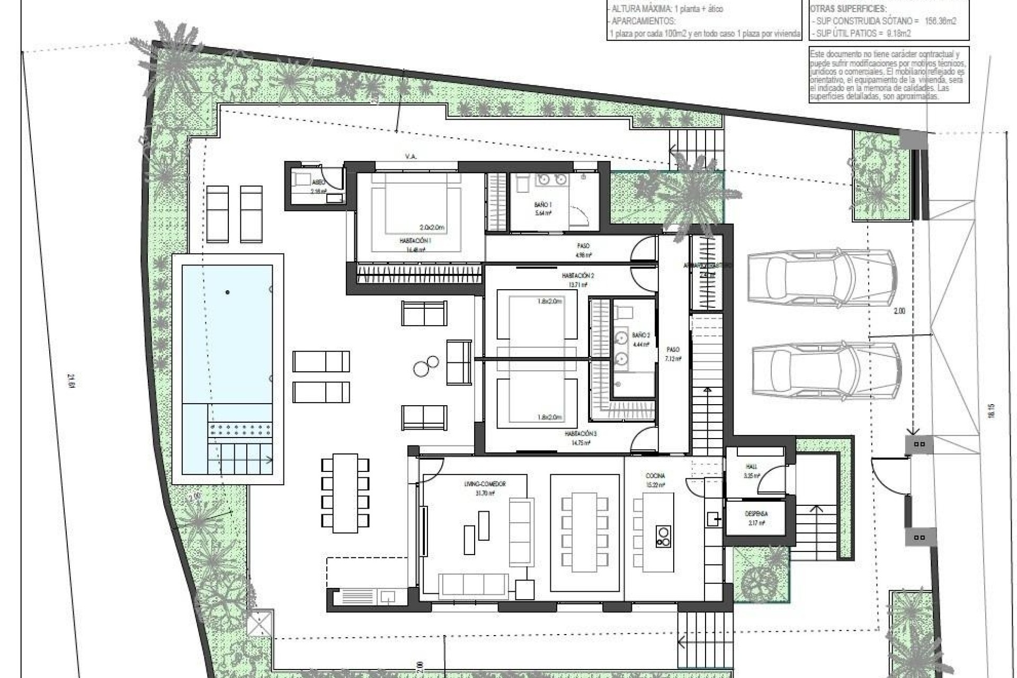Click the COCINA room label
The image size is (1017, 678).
click(x=655, y=476)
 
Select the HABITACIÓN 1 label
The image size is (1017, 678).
click(x=415, y=240)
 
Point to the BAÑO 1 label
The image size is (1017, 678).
click(x=542, y=204)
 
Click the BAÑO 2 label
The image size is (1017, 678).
click(x=640, y=335)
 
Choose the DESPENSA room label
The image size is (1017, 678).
click(x=756, y=514)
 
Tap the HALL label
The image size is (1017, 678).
click(x=751, y=467)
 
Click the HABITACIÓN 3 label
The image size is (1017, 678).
click(x=581, y=434)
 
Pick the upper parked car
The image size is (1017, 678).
click(x=822, y=279)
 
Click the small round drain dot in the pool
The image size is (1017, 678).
click(x=228, y=292)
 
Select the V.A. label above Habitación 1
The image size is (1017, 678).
click(x=409, y=157)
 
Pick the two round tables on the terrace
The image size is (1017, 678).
click(x=426, y=365)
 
